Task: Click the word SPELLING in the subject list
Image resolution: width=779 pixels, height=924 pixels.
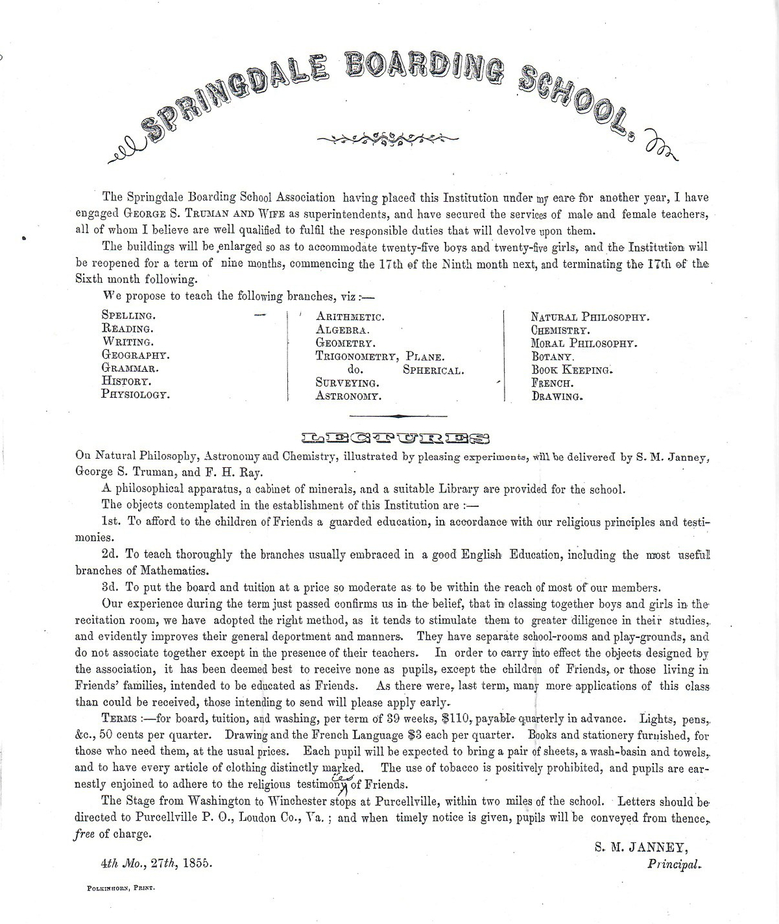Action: tap(128, 315)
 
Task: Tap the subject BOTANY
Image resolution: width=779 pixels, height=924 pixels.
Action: tap(553, 356)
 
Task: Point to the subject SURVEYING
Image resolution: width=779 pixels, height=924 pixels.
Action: tap(347, 383)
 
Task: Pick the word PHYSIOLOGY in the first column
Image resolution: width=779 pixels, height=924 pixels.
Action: tap(136, 394)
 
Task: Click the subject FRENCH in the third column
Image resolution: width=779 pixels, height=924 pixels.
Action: tap(552, 383)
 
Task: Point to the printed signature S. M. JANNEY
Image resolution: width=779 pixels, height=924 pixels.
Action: tap(641, 848)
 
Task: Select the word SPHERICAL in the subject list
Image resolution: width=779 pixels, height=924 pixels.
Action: tap(433, 371)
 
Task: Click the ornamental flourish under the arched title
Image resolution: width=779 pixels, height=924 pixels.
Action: tap(387, 138)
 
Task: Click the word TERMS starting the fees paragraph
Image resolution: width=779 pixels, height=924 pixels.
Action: tap(119, 720)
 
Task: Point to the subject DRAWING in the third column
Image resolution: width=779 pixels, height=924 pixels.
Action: tap(557, 396)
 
